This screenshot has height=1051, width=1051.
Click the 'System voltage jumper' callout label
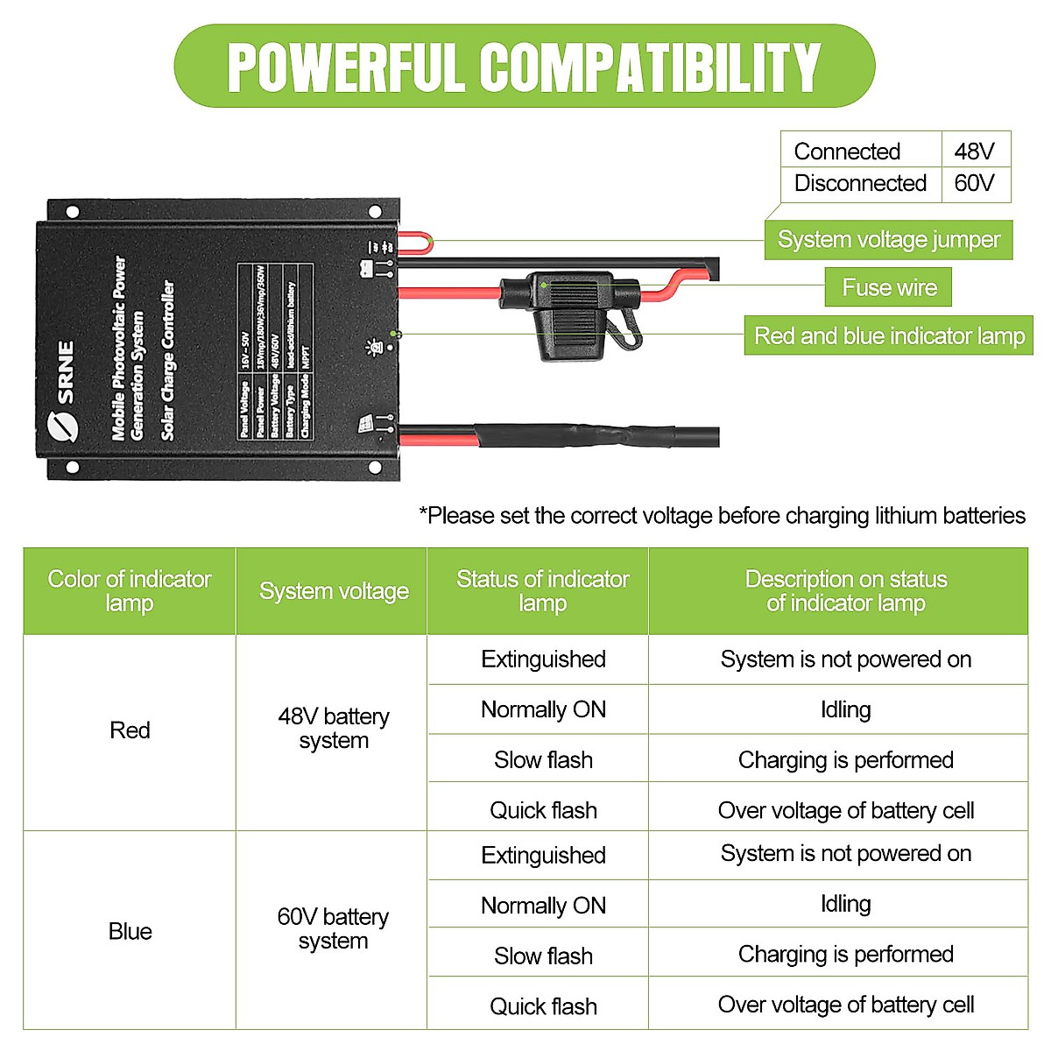pyautogui.click(x=888, y=240)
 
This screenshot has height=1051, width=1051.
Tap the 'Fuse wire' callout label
pyautogui.click(x=888, y=287)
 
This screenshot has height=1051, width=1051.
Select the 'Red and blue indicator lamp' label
pyautogui.click(x=888, y=335)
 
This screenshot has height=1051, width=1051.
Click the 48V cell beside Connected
pyautogui.click(x=975, y=151)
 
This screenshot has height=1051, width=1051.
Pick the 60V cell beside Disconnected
pyautogui.click(x=975, y=183)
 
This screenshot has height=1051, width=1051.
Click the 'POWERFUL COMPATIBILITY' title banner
pyautogui.click(x=524, y=67)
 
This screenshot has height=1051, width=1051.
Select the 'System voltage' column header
pyautogui.click(x=333, y=591)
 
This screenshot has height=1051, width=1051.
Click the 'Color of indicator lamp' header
pyautogui.click(x=130, y=591)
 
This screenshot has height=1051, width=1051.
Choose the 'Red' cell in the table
pyautogui.click(x=130, y=730)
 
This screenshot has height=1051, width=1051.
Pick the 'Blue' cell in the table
pyautogui.click(x=130, y=931)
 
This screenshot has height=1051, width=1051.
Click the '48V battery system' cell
pyautogui.click(x=333, y=729)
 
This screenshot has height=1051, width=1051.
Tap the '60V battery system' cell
pyautogui.click(x=333, y=929)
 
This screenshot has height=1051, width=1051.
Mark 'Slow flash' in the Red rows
pyautogui.click(x=543, y=760)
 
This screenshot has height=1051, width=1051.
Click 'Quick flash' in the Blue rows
pyautogui.click(x=543, y=1006)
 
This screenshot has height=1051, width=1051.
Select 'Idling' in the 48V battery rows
pyautogui.click(x=845, y=709)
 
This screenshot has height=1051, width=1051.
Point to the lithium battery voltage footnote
pyautogui.click(x=722, y=516)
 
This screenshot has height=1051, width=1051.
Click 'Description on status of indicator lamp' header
pyautogui.click(x=845, y=591)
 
